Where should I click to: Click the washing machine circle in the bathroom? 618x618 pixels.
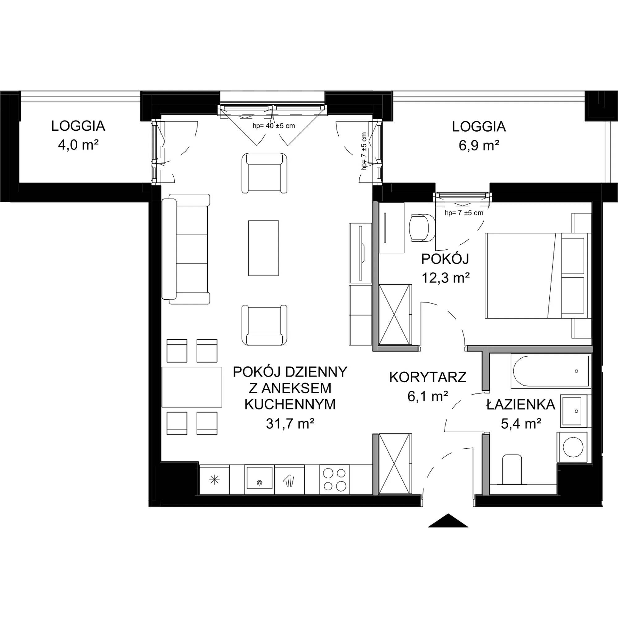tap(573, 447)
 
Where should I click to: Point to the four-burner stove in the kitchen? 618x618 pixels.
tap(335, 480)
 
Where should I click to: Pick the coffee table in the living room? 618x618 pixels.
tap(264, 248)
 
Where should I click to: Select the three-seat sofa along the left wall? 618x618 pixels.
tap(186, 249)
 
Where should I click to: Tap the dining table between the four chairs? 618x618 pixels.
tap(192, 387)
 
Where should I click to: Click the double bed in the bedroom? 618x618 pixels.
tap(538, 275)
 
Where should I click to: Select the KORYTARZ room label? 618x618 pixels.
tap(428, 378)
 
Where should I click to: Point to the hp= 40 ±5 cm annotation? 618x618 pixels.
tap(274, 126)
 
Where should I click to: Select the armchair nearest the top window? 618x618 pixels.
tap(264, 173)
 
